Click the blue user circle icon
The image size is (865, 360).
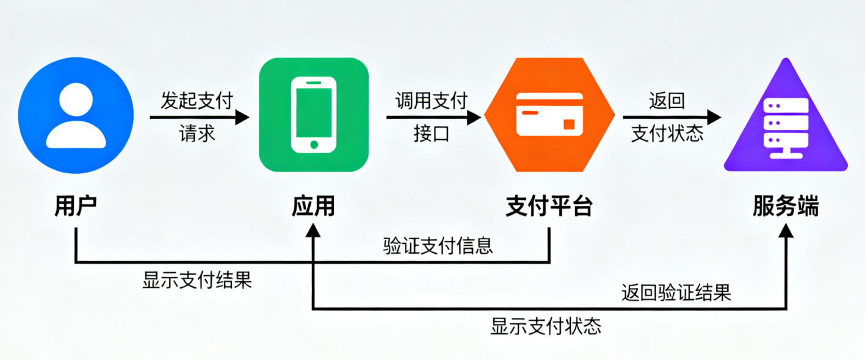76,115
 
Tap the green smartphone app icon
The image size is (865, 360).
313,115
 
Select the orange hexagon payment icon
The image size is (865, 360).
549,115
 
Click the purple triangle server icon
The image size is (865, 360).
786,122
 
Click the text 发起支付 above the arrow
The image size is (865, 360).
197,101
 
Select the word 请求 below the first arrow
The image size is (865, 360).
197,133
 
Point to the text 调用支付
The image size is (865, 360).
431,100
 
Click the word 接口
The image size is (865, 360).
431,133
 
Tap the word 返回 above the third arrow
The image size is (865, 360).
667,100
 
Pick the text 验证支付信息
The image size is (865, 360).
438,245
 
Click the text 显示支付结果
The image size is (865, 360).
197,280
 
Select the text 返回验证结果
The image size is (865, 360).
676,293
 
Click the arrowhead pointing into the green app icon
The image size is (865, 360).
243,117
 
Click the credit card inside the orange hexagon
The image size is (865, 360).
549,114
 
